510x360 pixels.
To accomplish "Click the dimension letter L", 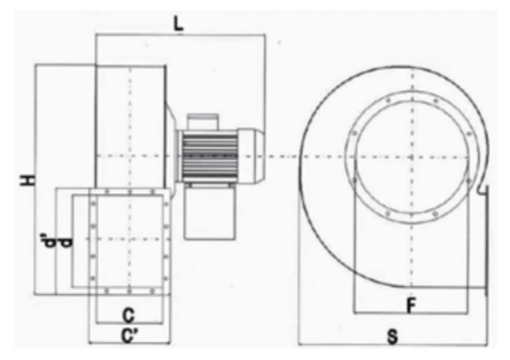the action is point(178,23).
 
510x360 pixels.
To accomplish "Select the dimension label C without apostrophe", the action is point(129,315).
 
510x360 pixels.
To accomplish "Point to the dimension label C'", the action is point(131,336).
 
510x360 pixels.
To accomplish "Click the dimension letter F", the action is point(412,305).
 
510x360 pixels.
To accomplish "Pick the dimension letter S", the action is point(393,337).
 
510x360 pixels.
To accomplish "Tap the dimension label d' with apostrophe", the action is point(48,241).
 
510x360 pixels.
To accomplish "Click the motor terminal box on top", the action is point(202,122).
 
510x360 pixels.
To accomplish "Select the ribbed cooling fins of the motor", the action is point(210,157).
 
